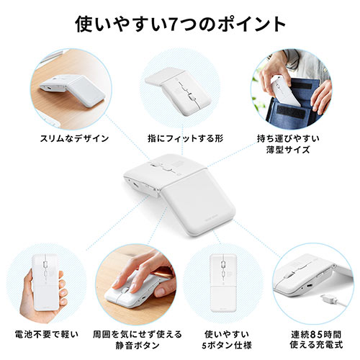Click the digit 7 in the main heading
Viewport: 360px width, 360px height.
(174, 24)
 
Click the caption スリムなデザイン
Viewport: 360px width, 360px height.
(74, 138)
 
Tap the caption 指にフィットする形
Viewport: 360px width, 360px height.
(185, 138)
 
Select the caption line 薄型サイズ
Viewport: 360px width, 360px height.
(288, 150)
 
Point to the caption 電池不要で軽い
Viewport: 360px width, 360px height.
(47, 334)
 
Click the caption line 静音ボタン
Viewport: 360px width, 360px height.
(138, 345)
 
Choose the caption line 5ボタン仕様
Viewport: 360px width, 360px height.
(227, 345)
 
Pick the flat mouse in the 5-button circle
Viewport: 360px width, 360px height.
(223, 282)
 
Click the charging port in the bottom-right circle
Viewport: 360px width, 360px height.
(309, 286)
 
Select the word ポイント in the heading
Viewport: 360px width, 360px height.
(251, 24)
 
